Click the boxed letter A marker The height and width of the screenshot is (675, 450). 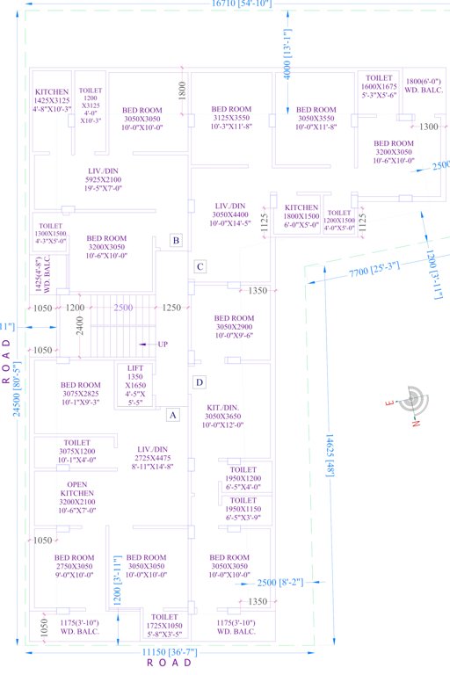[x=173, y=414]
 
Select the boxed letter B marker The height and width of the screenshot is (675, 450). [x=176, y=240]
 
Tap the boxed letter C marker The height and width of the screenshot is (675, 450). [x=200, y=266]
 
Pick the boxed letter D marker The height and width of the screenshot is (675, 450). [x=200, y=381]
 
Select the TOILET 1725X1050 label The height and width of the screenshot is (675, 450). [x=165, y=625]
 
